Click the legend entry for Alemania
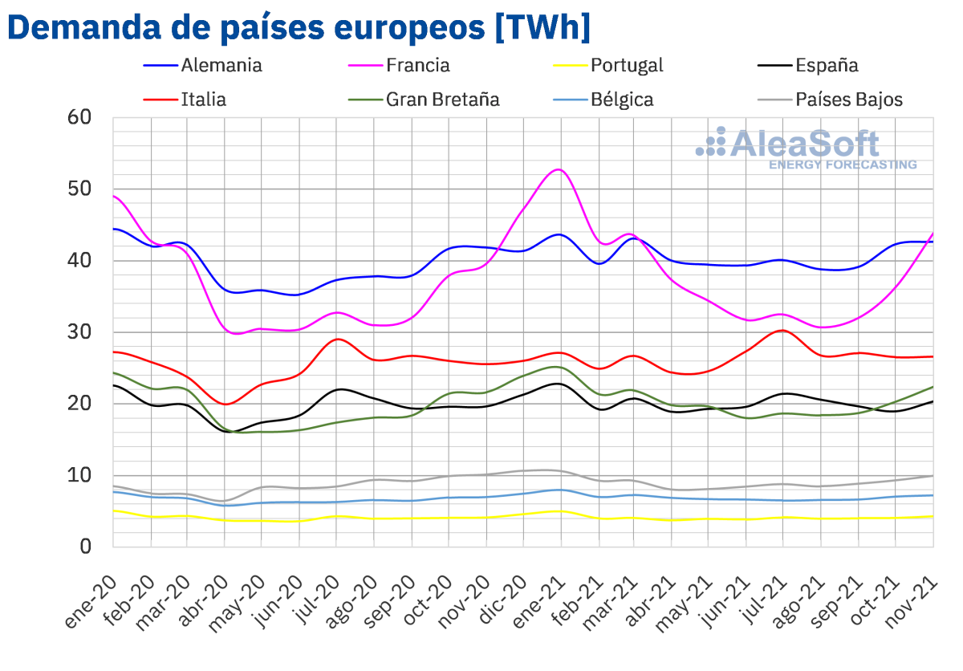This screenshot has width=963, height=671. coord(221,66)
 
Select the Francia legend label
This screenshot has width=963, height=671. coord(417,66)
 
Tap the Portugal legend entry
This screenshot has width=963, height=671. coord(627,66)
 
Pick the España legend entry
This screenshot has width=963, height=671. coord(827,66)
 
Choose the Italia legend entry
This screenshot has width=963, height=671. coord(204,100)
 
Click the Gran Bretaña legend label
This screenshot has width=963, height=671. coord(442,100)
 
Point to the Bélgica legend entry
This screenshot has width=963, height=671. coord(621,100)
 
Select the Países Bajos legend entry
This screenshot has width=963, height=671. coord(849,100)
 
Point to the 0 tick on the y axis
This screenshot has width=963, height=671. coord(86,547)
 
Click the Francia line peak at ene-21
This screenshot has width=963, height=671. coord(559,169)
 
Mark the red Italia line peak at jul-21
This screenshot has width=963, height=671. coord(782,330)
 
